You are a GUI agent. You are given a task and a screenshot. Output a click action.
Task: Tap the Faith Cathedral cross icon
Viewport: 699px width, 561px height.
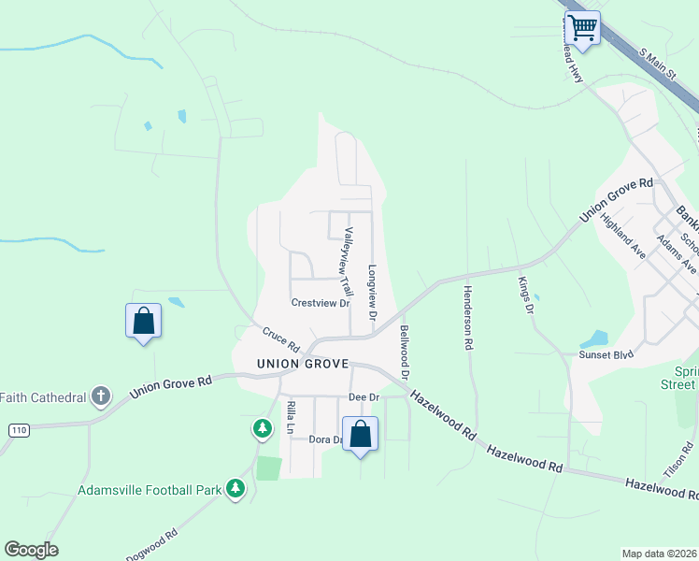100,396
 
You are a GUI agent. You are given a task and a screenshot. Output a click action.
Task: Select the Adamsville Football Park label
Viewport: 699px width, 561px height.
150,489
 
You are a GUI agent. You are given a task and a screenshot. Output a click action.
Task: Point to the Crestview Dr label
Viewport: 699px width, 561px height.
320,303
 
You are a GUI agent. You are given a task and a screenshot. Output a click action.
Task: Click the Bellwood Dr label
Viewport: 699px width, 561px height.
405,351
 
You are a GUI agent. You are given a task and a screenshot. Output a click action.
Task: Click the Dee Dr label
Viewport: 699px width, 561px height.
364,396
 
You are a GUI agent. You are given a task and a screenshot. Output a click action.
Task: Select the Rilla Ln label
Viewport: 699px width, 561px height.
291,417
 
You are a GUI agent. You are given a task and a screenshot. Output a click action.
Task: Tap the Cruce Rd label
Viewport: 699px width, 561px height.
279,334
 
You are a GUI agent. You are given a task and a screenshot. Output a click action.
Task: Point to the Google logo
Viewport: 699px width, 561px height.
31,550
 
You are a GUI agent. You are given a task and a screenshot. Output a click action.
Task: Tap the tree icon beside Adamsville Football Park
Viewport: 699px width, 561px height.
235,487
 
